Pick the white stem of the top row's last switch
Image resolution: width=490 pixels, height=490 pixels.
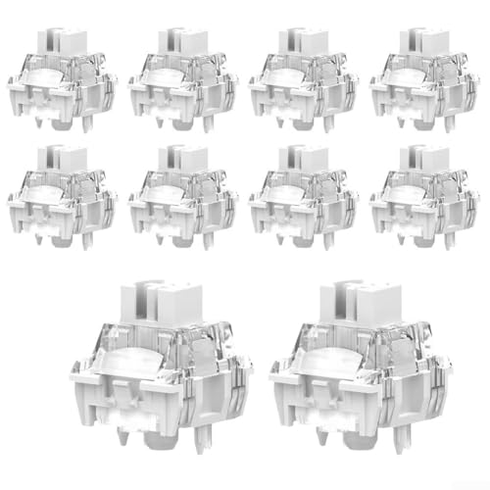point(427,37)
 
